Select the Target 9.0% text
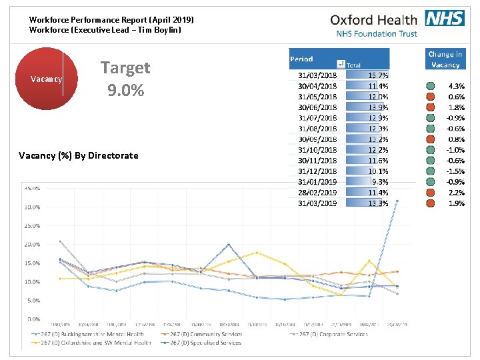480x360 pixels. (125, 78)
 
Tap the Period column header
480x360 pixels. (302, 59)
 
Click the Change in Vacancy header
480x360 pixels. (445, 59)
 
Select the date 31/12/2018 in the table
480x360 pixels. (317, 171)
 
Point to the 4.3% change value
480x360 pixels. (456, 86)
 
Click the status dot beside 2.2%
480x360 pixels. (431, 193)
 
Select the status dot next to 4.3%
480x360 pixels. (431, 86)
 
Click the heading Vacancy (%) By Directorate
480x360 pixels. (79, 155)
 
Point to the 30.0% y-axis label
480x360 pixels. (31, 207)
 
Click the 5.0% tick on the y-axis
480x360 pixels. (33, 300)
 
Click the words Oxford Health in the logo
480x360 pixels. (373, 20)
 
